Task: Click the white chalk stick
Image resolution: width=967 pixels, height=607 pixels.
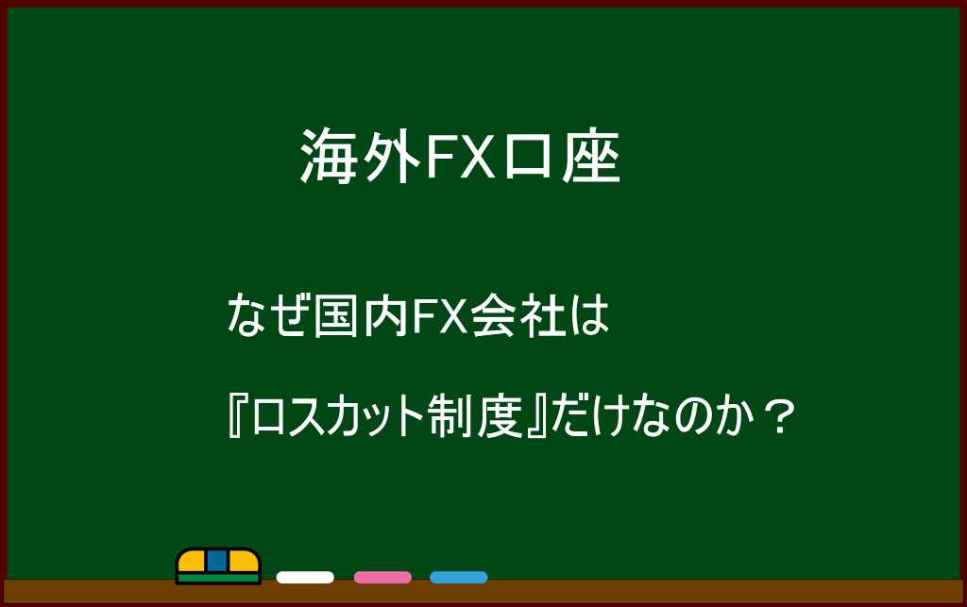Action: (305, 578)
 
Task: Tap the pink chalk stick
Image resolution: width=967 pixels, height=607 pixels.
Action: (382, 578)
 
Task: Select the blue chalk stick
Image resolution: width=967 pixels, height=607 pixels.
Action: (459, 578)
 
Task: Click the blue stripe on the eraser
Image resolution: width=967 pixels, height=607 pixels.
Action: (217, 560)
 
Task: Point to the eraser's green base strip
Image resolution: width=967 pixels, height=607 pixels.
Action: (218, 578)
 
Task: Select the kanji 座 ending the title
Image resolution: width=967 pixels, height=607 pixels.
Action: (591, 157)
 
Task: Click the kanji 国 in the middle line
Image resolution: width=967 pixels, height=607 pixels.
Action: (337, 317)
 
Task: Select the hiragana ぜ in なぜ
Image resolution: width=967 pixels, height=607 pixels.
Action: (291, 317)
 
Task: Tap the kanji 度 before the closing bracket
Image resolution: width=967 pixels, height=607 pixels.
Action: (501, 417)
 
